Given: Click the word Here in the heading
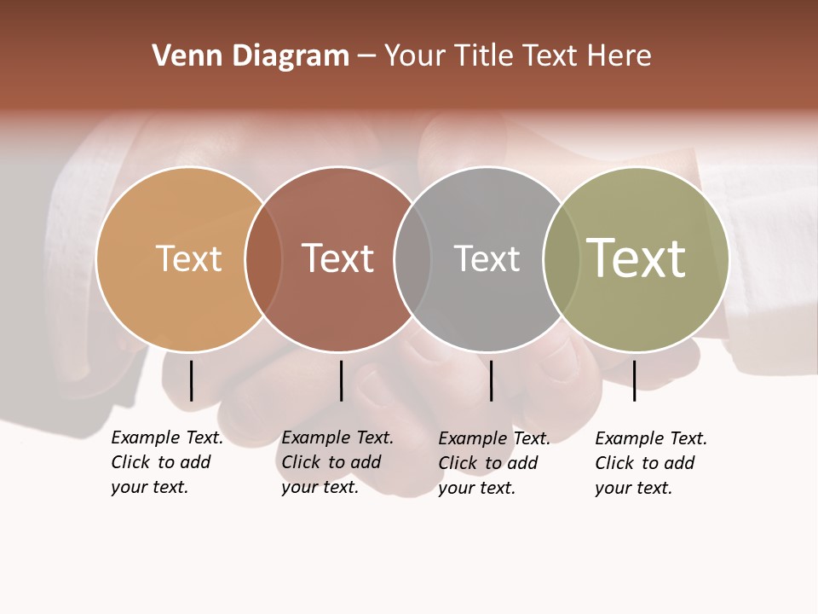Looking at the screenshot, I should [x=619, y=56].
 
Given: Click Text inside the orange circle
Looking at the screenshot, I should [x=188, y=258].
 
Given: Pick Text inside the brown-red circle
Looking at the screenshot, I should [x=337, y=258].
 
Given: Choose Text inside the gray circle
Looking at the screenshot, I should [x=487, y=258].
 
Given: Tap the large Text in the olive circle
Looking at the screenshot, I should [x=637, y=258].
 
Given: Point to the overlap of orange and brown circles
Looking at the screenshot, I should [x=263, y=259].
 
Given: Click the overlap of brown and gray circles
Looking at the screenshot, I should [x=412, y=259].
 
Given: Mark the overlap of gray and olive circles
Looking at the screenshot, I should [x=561, y=259].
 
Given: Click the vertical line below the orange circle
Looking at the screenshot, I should [x=191, y=380].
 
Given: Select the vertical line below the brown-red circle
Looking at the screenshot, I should [x=341, y=380].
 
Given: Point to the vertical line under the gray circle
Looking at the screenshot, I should [x=491, y=380].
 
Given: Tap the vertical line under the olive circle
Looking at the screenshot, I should [x=634, y=380].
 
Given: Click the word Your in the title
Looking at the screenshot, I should [x=415, y=56].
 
